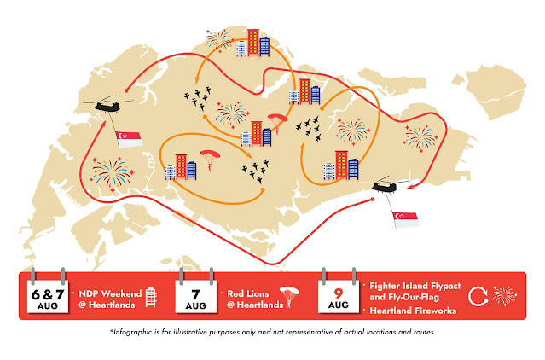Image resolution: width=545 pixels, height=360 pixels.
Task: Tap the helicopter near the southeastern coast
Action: pos(379,186)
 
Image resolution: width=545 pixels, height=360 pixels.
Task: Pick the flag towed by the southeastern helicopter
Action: pos(403,219)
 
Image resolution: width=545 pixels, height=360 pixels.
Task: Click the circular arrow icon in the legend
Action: pos(479,295)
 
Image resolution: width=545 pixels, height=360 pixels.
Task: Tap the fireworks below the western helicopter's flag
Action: pos(115,171)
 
